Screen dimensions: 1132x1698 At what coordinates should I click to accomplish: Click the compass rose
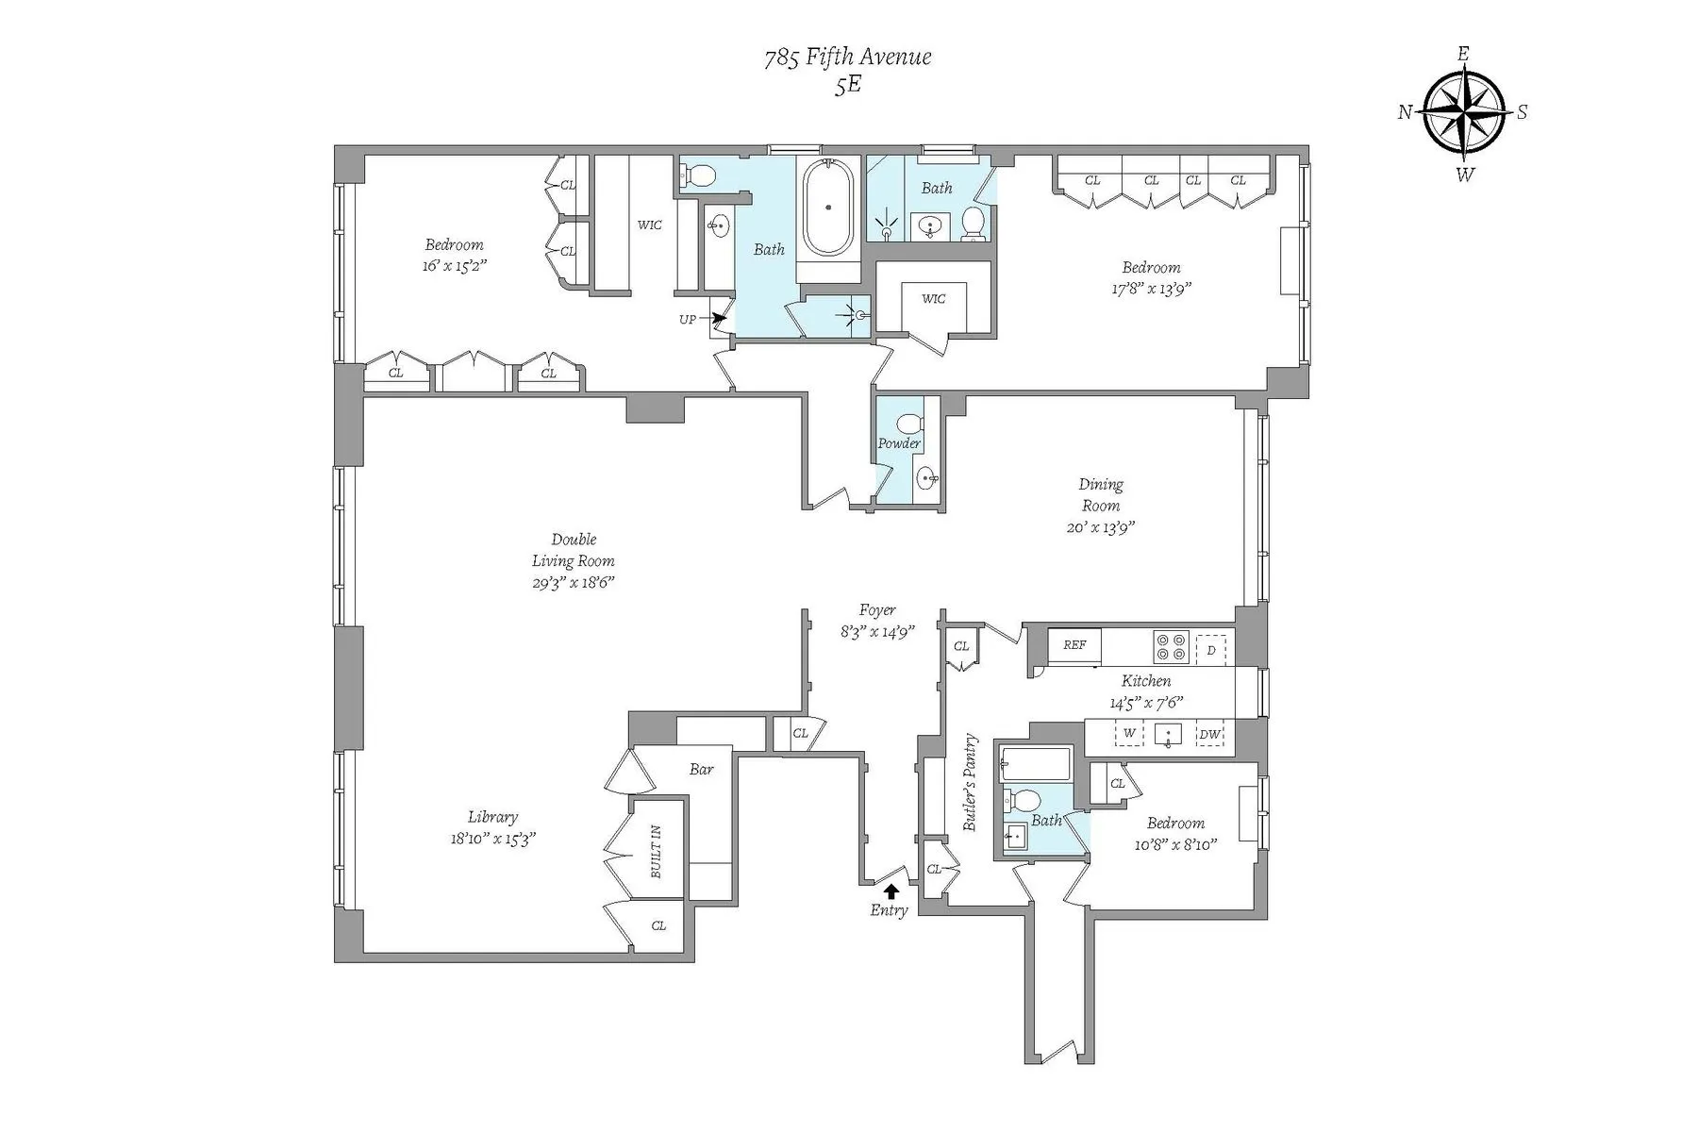(1462, 113)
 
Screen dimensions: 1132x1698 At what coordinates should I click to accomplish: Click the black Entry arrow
(891, 890)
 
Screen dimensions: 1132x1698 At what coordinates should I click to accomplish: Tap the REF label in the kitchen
(1074, 645)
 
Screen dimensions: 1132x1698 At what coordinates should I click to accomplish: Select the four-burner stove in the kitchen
(1171, 647)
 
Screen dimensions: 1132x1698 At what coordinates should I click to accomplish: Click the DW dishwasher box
(1209, 734)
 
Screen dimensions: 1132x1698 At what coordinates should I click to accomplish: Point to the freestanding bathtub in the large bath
(827, 207)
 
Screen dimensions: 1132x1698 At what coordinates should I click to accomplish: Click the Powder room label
(899, 443)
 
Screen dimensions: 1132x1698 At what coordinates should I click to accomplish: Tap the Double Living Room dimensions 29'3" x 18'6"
(573, 583)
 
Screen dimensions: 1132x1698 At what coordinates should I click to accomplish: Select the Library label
(492, 817)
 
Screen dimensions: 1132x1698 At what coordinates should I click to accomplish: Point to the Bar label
(701, 769)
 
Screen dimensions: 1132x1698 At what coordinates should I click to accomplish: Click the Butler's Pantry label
(970, 783)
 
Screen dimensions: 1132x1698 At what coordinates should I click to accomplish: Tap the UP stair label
(688, 319)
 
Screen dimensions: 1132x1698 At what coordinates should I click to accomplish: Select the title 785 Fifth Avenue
(847, 58)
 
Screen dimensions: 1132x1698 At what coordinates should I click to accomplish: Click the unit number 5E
(847, 85)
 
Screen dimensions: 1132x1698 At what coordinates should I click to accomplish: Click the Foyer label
(877, 610)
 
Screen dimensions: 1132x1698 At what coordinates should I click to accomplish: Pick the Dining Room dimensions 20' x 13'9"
(1100, 527)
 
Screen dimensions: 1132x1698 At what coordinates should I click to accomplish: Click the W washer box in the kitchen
(1129, 734)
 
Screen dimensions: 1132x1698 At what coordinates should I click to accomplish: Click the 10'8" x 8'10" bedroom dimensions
(1175, 844)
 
